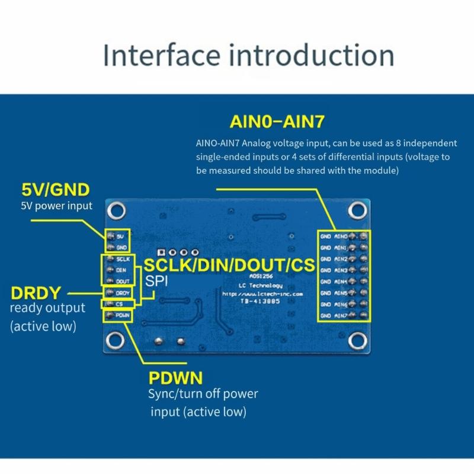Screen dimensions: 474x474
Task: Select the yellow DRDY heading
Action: (37, 293)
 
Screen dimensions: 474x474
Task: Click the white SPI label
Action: (157, 281)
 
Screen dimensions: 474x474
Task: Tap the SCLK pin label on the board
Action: (123, 259)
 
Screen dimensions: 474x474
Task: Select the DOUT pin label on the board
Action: (123, 281)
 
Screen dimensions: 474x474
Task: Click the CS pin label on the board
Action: (119, 304)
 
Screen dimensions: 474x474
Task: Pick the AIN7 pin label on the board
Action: (341, 316)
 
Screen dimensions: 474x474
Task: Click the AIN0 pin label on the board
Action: (341, 236)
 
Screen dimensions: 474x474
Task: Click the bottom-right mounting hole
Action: (357, 340)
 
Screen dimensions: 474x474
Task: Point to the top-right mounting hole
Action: (357, 209)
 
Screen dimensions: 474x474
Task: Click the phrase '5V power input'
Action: (56, 206)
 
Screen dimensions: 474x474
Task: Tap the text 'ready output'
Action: (47, 308)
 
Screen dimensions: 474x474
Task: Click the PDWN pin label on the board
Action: (123, 316)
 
